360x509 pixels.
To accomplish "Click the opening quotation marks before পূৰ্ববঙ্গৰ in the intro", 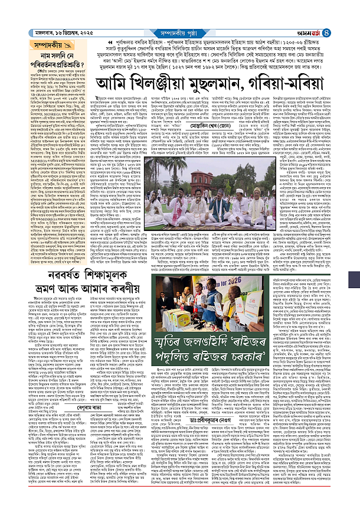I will [x=108, y=27].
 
